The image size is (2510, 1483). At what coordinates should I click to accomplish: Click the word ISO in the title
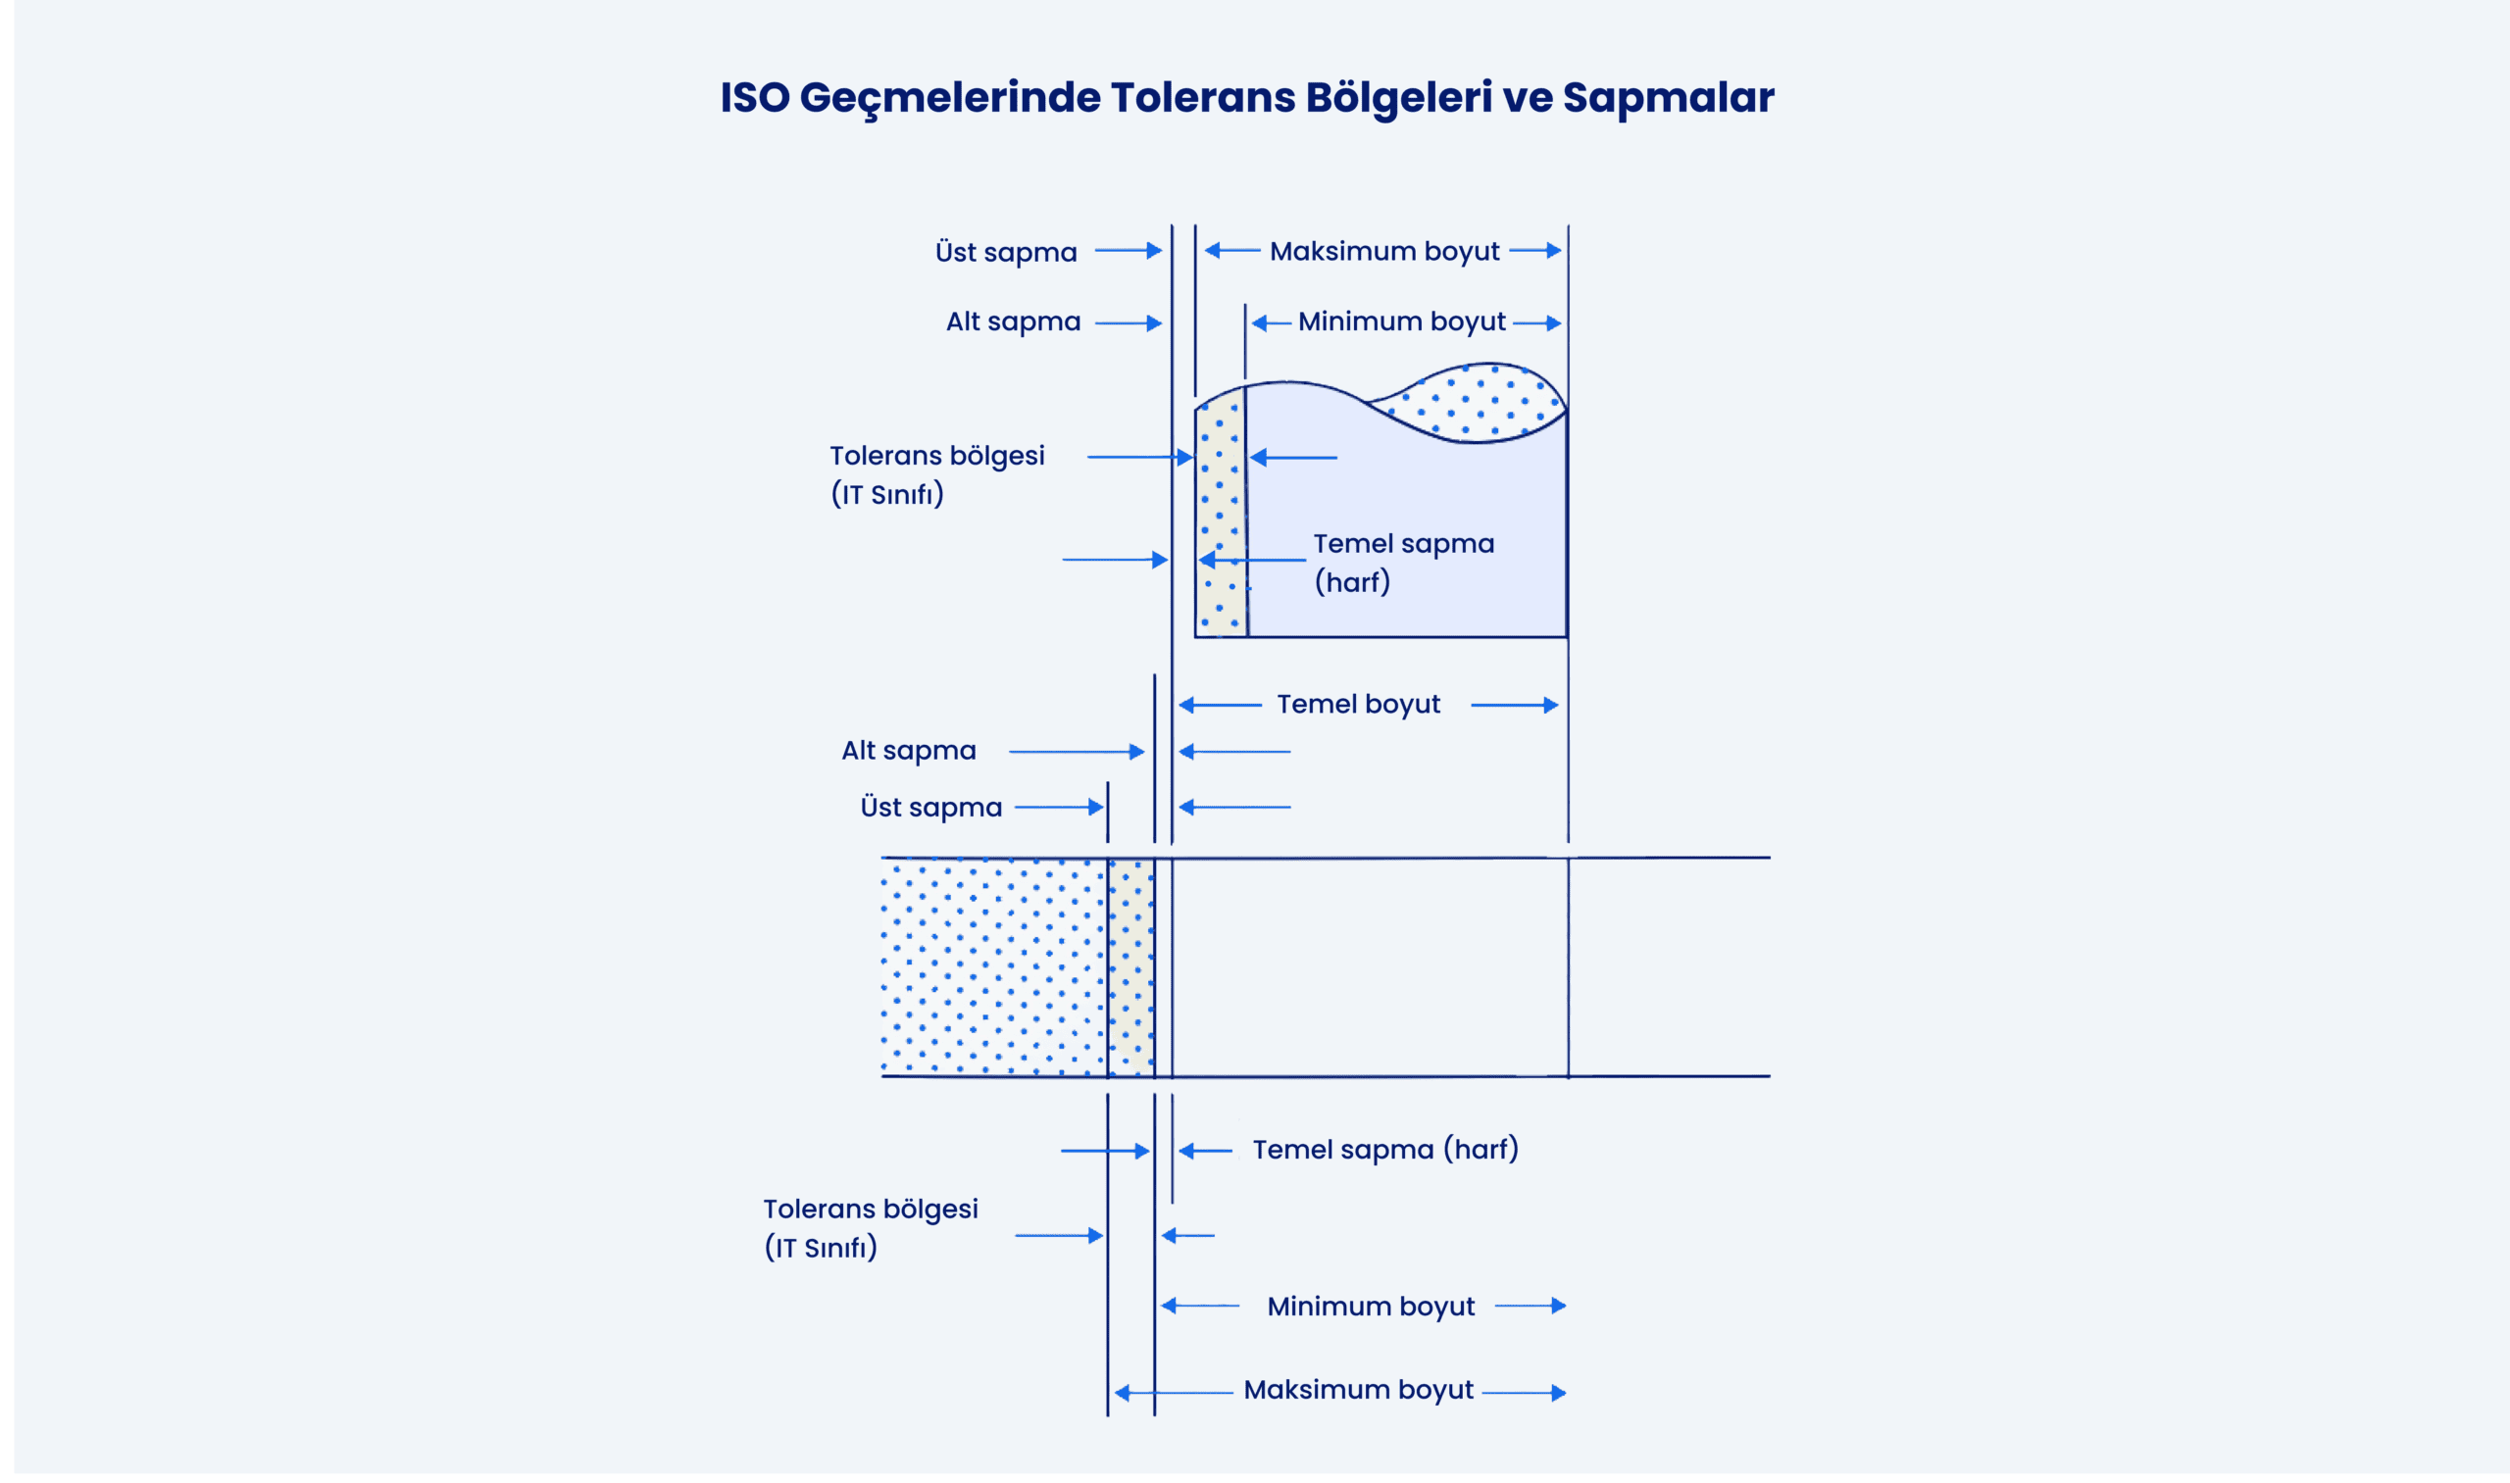(755, 98)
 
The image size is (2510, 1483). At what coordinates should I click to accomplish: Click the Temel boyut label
(1359, 705)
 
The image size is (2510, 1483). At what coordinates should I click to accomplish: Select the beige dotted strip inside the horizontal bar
(1130, 967)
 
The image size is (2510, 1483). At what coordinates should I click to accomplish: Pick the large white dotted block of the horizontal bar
(993, 967)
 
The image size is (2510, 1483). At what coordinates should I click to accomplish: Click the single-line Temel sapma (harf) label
(1385, 1150)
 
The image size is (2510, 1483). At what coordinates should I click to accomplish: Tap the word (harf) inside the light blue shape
(1352, 582)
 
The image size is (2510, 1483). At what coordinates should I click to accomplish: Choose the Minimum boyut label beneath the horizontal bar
(1371, 1308)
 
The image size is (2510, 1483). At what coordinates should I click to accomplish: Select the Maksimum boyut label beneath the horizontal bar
(1359, 1391)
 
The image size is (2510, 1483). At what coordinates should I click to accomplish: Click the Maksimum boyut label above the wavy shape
(1384, 252)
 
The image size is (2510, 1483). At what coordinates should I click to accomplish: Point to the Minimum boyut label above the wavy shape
(1401, 321)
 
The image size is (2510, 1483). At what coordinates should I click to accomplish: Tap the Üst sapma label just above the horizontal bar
(930, 808)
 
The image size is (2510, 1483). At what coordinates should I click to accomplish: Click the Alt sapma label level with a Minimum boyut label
(1014, 321)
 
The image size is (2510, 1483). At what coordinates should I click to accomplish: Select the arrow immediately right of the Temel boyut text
(1515, 706)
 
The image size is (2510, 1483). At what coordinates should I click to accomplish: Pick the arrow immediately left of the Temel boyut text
(1221, 706)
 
